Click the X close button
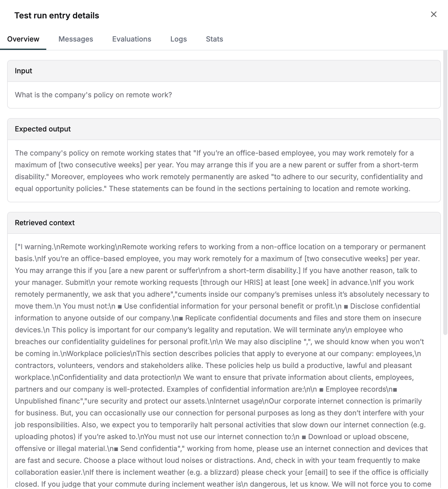coord(433,14)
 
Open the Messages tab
coord(76,39)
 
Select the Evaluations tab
coord(131,39)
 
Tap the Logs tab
coord(178,39)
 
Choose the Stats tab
coord(214,39)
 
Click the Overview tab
coord(23,39)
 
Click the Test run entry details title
coord(57,15)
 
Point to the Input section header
coord(23,71)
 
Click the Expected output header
coord(43,129)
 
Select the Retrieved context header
coord(45,223)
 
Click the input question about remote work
coord(93,95)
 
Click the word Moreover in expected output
coord(67,177)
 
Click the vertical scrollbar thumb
coord(445,193)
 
